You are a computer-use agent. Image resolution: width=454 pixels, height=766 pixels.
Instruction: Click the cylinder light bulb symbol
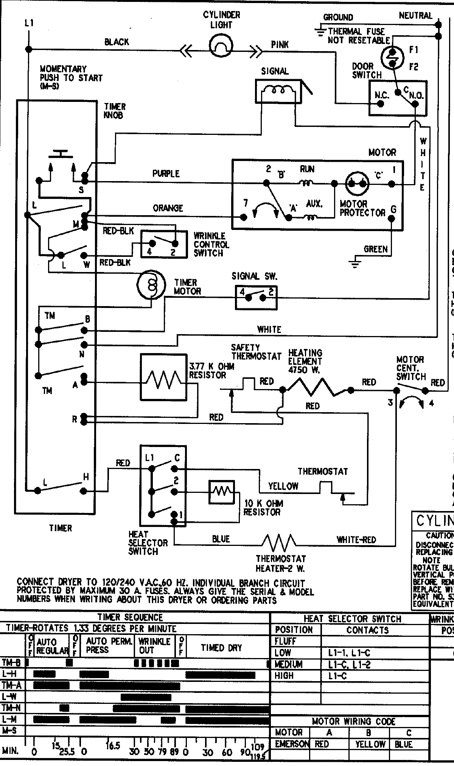click(x=221, y=47)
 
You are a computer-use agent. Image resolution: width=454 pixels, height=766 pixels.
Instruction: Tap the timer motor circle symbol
click(x=151, y=285)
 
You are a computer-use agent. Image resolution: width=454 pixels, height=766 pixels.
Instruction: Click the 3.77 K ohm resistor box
click(x=164, y=377)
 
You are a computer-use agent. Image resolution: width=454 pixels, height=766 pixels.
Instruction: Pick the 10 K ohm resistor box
click(x=222, y=492)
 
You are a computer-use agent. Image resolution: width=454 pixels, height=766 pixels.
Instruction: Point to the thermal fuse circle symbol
click(x=393, y=56)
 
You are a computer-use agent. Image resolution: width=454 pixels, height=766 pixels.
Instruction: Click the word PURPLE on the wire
click(x=166, y=174)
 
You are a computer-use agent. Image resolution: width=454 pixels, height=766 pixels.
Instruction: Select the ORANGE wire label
click(x=168, y=208)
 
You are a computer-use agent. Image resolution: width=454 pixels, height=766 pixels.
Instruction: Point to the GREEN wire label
click(x=375, y=249)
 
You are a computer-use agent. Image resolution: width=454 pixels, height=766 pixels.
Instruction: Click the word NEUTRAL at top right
click(x=415, y=16)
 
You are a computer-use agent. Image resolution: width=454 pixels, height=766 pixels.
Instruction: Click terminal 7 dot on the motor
click(x=244, y=217)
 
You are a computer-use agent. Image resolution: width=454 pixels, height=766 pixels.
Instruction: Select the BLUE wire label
click(x=221, y=539)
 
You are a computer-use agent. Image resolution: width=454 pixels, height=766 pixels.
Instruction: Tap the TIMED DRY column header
click(x=221, y=648)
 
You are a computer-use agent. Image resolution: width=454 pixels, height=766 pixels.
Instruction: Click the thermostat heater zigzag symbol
click(x=279, y=544)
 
